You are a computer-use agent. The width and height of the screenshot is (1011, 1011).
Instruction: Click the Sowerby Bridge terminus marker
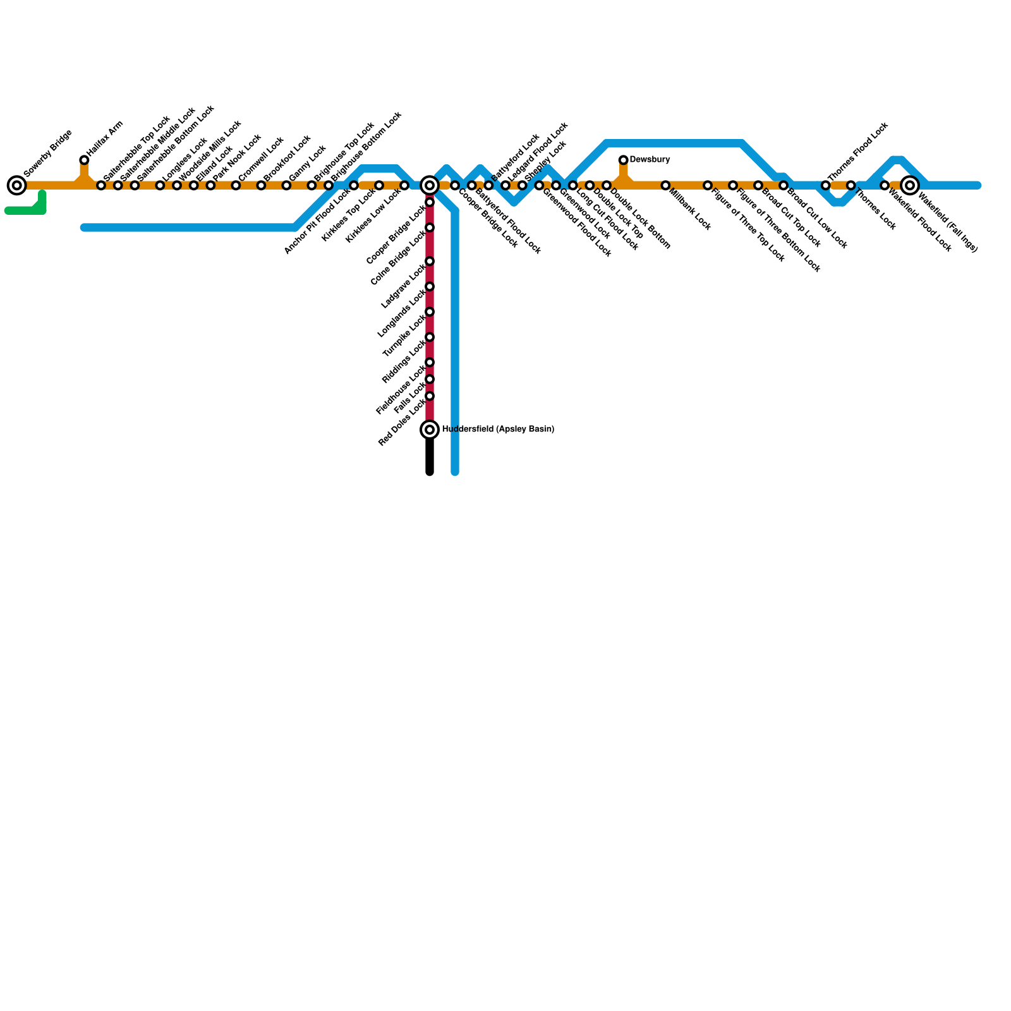point(17,185)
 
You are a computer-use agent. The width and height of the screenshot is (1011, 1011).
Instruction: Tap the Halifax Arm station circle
point(84,160)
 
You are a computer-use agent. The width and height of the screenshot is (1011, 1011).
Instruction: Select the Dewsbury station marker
point(623,160)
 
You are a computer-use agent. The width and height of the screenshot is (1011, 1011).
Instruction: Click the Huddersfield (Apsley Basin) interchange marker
point(430,430)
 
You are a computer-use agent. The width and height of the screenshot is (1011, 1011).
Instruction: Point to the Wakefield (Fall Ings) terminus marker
point(909,185)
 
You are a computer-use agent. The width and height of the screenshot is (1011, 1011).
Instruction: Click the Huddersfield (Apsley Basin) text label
point(498,430)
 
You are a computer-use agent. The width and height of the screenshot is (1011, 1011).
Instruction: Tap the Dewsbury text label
point(650,160)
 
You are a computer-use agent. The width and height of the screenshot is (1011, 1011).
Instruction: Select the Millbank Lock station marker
point(665,185)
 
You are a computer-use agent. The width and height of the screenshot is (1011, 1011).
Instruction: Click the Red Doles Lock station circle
point(430,396)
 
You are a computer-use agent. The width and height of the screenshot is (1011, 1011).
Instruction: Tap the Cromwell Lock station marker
point(236,185)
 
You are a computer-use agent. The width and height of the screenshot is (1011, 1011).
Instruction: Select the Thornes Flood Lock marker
point(825,185)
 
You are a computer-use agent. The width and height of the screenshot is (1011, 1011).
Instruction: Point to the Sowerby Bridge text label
point(48,154)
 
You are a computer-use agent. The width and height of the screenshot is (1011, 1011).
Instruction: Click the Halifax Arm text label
point(105,138)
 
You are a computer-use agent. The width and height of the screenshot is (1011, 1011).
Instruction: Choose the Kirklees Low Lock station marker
point(404,185)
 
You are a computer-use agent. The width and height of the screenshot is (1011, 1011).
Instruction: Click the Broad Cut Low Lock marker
point(784,185)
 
